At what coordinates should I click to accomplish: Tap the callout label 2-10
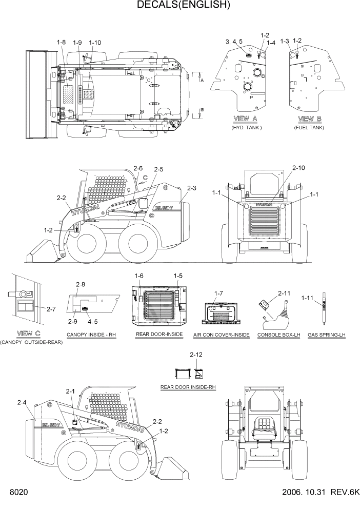tap(298, 168)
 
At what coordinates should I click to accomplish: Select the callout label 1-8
tap(61, 42)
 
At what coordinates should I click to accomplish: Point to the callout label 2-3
tap(191, 188)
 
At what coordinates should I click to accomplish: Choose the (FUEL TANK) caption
tap(309, 127)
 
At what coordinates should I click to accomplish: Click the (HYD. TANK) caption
tap(247, 127)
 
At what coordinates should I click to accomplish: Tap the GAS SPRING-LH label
tap(324, 335)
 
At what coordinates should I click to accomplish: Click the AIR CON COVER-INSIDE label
tap(222, 335)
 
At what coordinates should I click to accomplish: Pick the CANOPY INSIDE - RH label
tap(91, 335)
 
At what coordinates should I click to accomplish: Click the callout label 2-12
tap(196, 354)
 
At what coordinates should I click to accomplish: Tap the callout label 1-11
tap(308, 298)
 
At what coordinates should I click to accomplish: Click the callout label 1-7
tap(218, 292)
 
